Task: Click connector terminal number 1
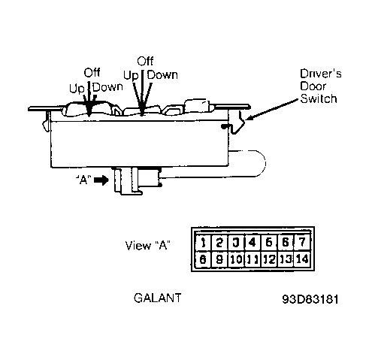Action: [204, 243]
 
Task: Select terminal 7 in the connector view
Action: [303, 243]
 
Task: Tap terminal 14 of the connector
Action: [303, 259]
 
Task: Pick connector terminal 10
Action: [236, 259]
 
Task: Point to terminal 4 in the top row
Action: [253, 243]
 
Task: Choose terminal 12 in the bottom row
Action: [269, 259]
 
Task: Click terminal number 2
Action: [219, 243]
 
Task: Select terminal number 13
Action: [286, 259]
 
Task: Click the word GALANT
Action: [158, 298]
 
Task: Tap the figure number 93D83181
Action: [310, 299]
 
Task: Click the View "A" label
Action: [148, 246]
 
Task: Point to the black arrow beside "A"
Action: [101, 180]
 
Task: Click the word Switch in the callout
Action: [319, 98]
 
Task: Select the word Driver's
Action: [321, 74]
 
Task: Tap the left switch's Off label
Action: [92, 73]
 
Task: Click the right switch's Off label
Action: [145, 61]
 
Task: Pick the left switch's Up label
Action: [77, 89]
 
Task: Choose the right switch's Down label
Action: [162, 75]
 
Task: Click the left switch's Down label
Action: [107, 87]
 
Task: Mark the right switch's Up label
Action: [131, 75]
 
